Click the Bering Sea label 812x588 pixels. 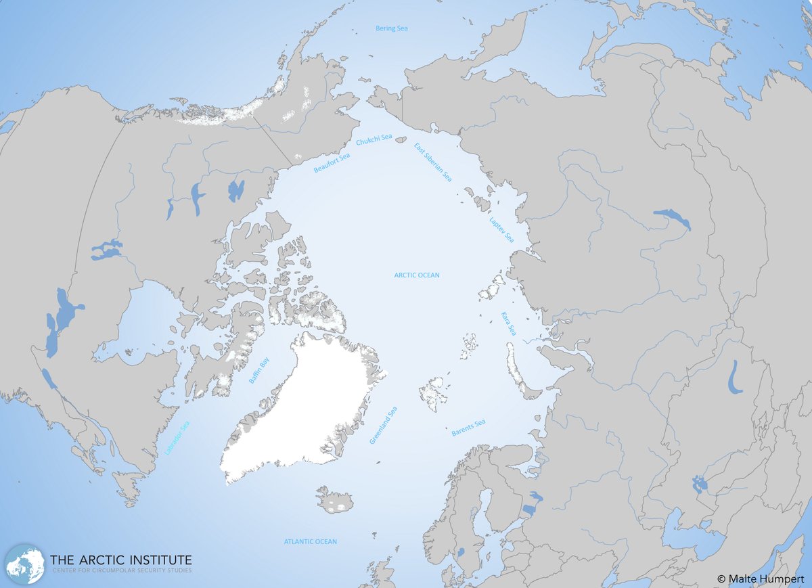(x=392, y=28)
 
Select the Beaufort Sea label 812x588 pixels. (x=332, y=163)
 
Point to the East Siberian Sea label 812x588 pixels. (x=433, y=162)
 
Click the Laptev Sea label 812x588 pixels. (x=501, y=230)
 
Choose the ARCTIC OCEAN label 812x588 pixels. (x=417, y=275)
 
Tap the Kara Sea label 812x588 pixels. (x=508, y=323)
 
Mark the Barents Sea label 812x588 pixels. (x=468, y=428)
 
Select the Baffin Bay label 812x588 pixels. (x=258, y=371)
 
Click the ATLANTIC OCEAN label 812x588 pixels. (x=310, y=542)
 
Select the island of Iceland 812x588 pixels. (x=335, y=500)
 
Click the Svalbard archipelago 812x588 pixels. (x=433, y=393)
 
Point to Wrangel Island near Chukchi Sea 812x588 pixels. (x=401, y=141)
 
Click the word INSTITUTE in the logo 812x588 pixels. (x=154, y=560)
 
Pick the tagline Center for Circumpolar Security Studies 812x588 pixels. (x=120, y=572)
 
